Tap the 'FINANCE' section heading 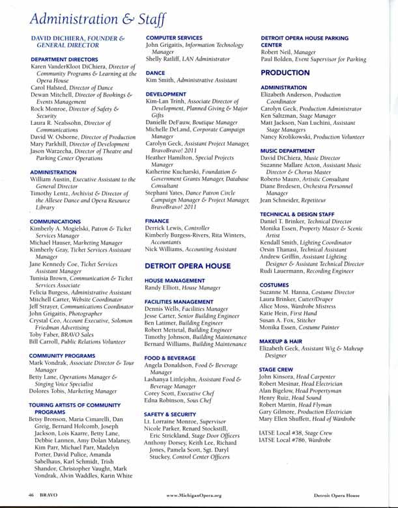157,221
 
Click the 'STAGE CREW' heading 276,369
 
